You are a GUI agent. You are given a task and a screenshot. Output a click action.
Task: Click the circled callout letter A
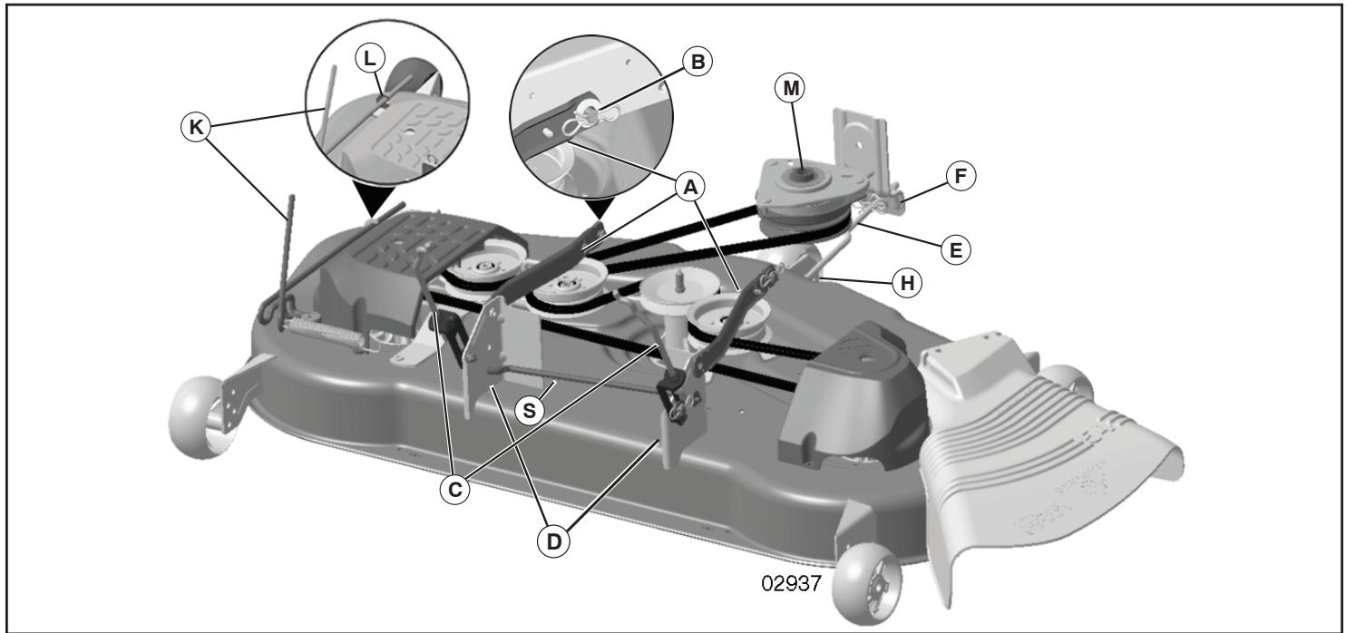(x=689, y=188)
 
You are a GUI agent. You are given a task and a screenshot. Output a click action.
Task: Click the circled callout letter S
(x=530, y=409)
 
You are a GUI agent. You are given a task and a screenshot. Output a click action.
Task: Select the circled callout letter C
(x=454, y=488)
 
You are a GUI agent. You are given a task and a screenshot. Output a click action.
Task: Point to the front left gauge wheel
(x=199, y=413)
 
